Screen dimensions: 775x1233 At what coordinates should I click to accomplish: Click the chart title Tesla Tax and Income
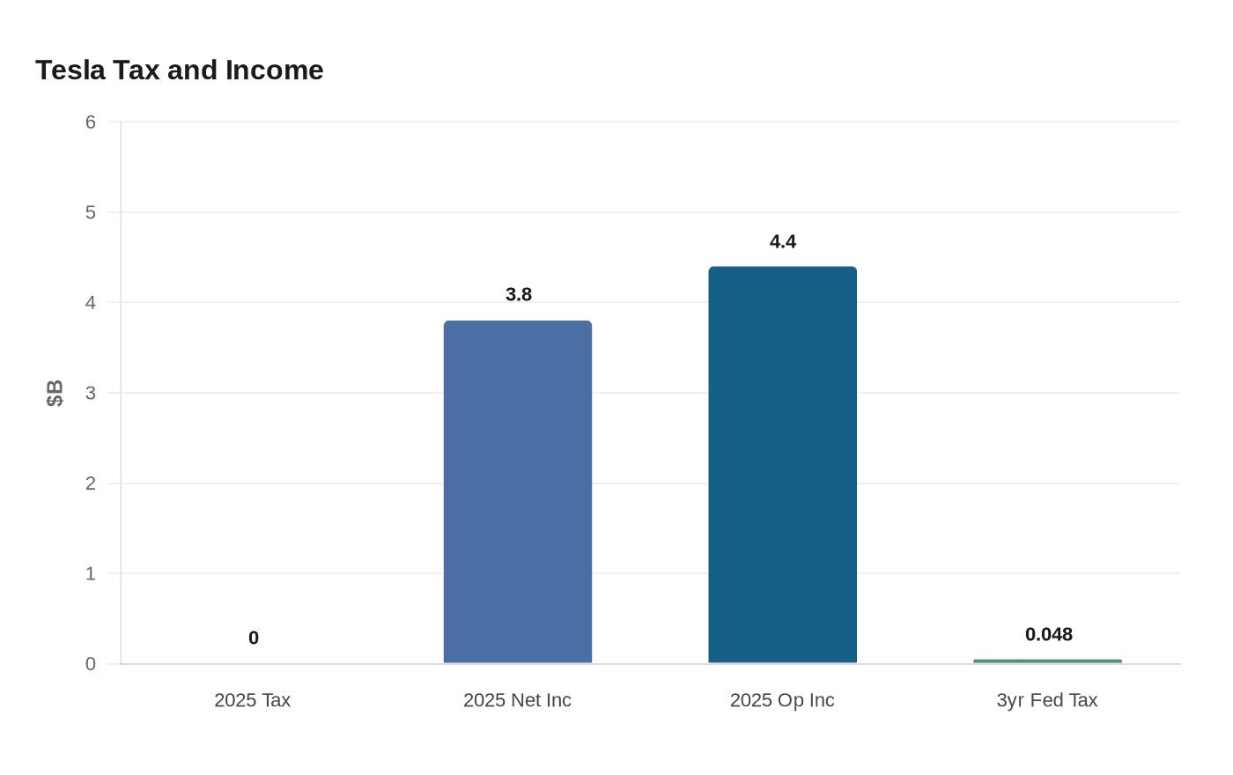tap(180, 70)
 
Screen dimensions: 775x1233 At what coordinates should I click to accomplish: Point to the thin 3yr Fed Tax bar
tap(1047, 661)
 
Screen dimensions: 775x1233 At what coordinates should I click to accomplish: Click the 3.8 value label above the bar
tap(519, 294)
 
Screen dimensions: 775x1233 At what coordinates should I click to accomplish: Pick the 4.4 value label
tap(783, 241)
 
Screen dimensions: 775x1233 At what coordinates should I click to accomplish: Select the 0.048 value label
tap(1049, 634)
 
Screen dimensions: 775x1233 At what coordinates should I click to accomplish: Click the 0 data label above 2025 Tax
tap(254, 638)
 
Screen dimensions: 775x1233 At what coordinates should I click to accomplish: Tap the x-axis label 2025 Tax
tap(253, 700)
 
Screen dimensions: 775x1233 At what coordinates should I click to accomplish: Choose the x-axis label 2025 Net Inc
tap(518, 700)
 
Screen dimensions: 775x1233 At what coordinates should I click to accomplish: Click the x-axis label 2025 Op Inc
tap(782, 700)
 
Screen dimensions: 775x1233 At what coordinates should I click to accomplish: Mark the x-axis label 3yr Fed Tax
tap(1047, 700)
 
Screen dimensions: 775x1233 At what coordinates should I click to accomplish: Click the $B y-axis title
tap(55, 393)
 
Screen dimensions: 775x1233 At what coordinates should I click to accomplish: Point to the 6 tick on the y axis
tap(91, 122)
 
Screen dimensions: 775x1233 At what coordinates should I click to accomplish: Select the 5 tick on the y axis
tap(91, 212)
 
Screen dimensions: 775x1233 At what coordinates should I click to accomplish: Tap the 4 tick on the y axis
tap(91, 302)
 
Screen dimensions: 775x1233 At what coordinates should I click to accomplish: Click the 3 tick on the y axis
tap(91, 393)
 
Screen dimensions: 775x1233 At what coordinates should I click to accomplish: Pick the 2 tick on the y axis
tap(91, 483)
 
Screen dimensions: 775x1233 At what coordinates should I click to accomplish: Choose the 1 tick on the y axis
tap(91, 573)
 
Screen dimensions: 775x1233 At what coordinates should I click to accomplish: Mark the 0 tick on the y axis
tap(91, 664)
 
